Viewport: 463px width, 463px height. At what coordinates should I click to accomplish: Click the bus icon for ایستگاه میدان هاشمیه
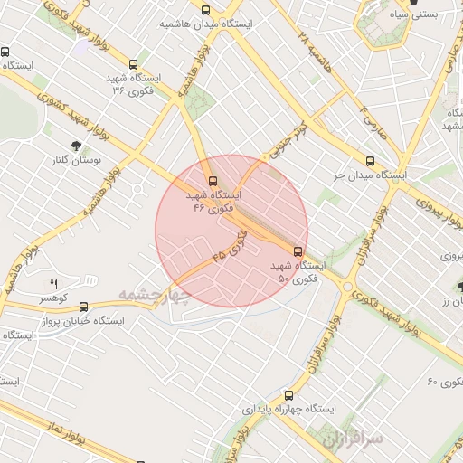205,10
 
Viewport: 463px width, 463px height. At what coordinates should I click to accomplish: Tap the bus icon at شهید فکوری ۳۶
134,64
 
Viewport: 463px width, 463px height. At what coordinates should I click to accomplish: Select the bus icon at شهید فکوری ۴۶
213,180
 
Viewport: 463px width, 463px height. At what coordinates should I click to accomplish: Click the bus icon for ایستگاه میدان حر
370,160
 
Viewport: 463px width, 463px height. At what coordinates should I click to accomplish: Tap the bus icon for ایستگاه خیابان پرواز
84,307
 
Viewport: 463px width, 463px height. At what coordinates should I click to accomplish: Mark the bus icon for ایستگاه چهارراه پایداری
288,395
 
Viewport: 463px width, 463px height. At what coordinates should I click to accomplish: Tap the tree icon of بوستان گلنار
75,146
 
